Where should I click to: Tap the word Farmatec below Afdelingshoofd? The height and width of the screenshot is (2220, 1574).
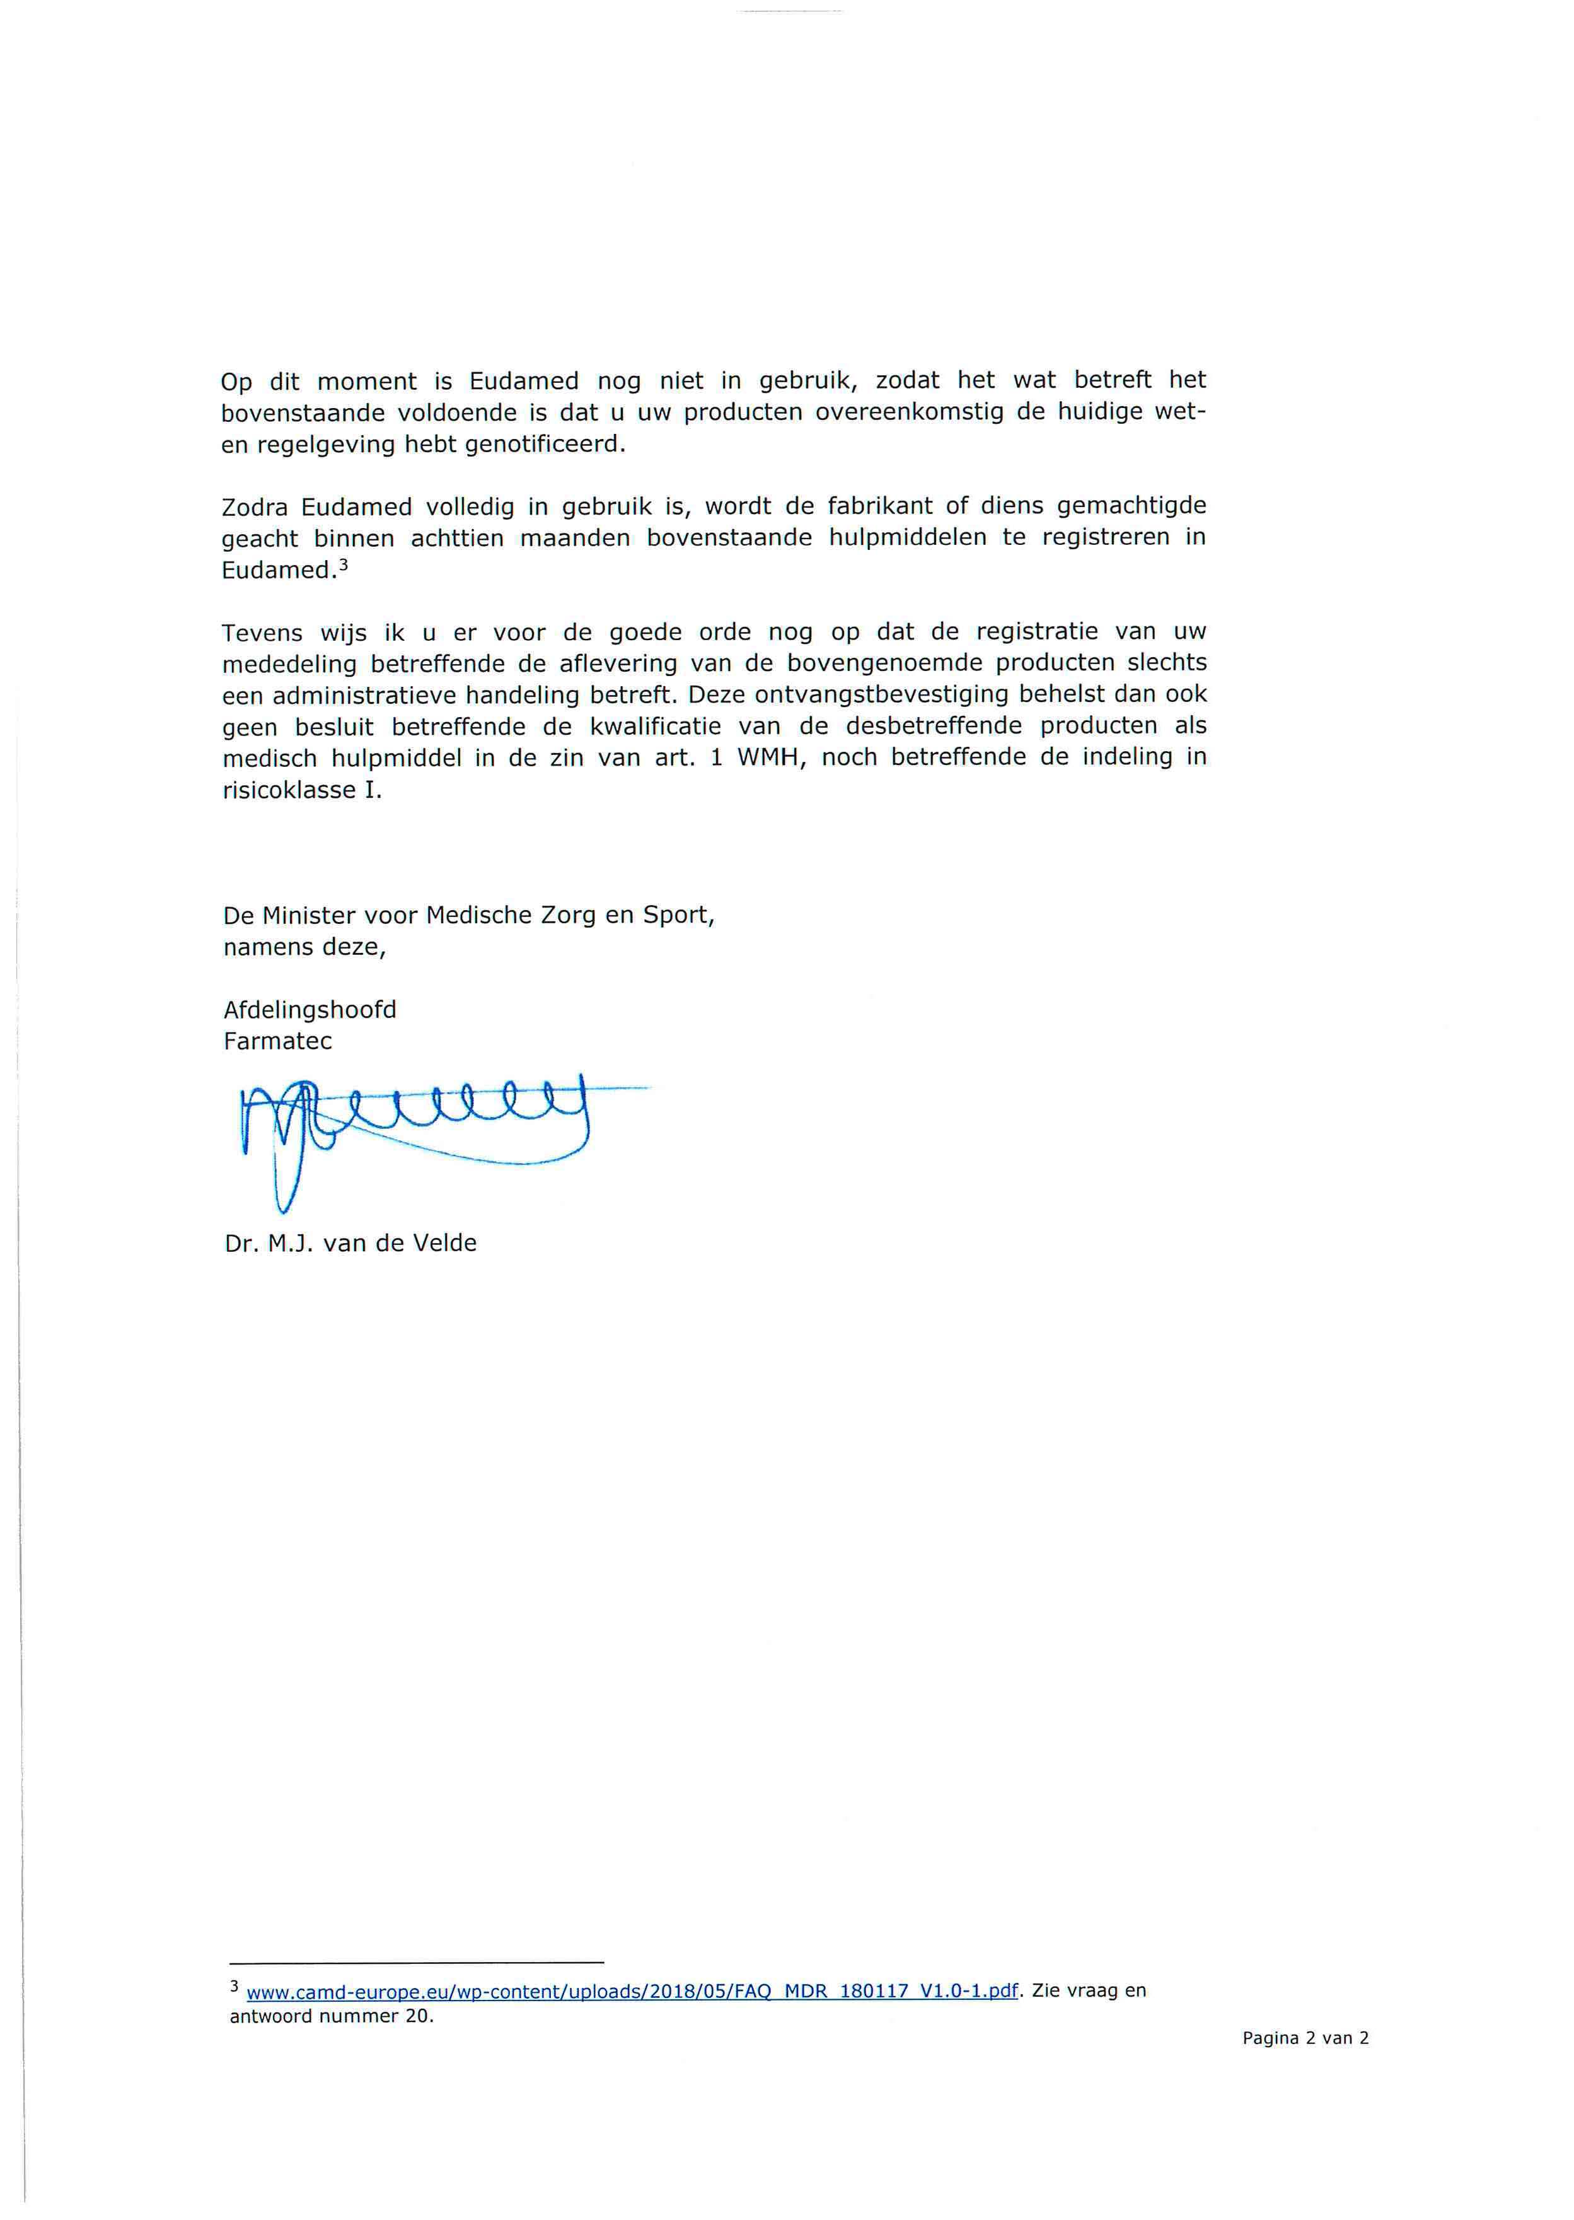pos(277,1041)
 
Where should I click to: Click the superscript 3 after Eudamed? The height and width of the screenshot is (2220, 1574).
pos(343,564)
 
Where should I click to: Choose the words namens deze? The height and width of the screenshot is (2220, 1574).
pos(304,947)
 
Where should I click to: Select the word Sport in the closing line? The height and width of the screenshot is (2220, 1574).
pos(678,915)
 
